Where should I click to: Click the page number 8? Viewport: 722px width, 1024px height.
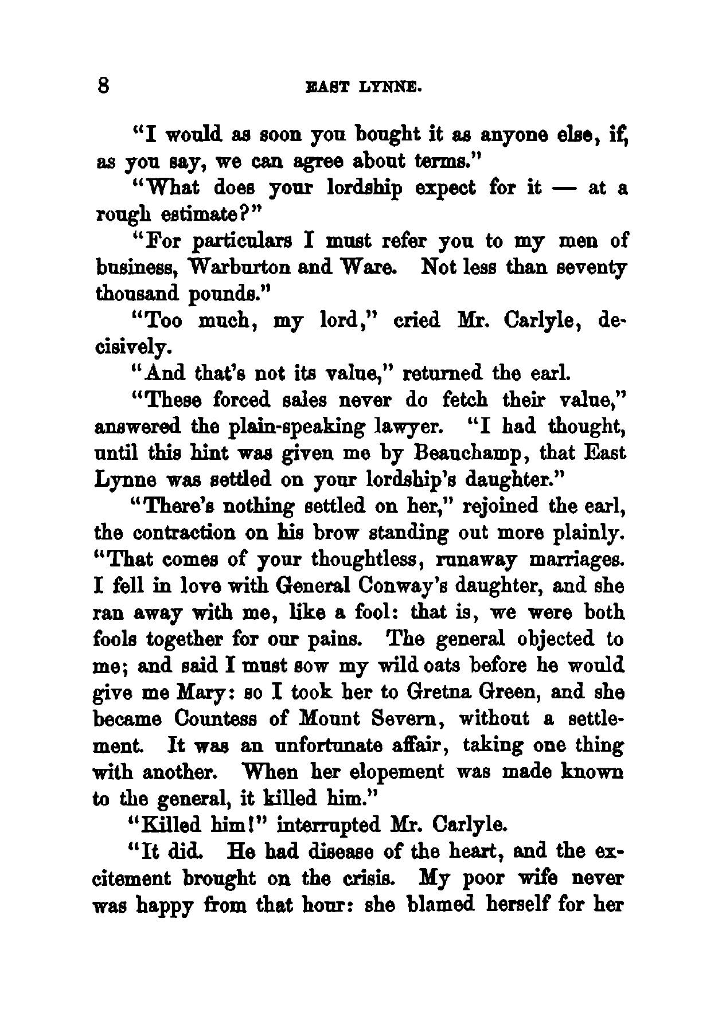point(104,86)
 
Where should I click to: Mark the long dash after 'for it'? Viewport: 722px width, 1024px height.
point(565,189)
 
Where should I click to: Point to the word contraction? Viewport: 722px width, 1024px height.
point(185,533)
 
